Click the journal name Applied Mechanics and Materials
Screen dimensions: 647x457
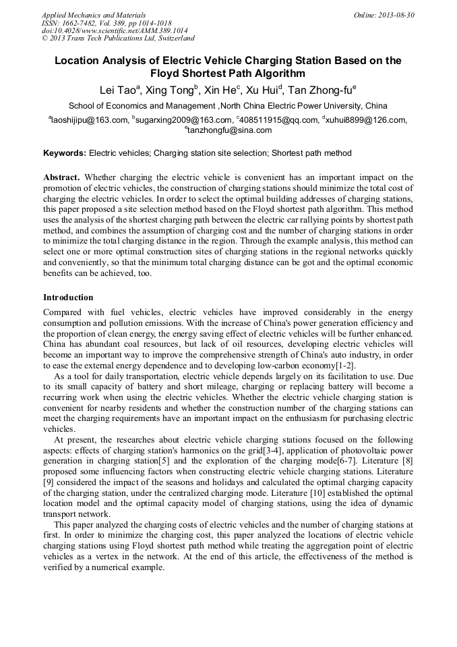[x=94, y=15]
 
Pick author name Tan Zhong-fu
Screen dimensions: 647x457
[x=322, y=90]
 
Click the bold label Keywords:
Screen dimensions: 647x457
[x=65, y=153]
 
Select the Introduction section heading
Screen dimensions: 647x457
[x=68, y=298]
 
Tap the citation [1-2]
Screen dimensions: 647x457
[x=344, y=365]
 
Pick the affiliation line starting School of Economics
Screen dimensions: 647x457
[x=228, y=106]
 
